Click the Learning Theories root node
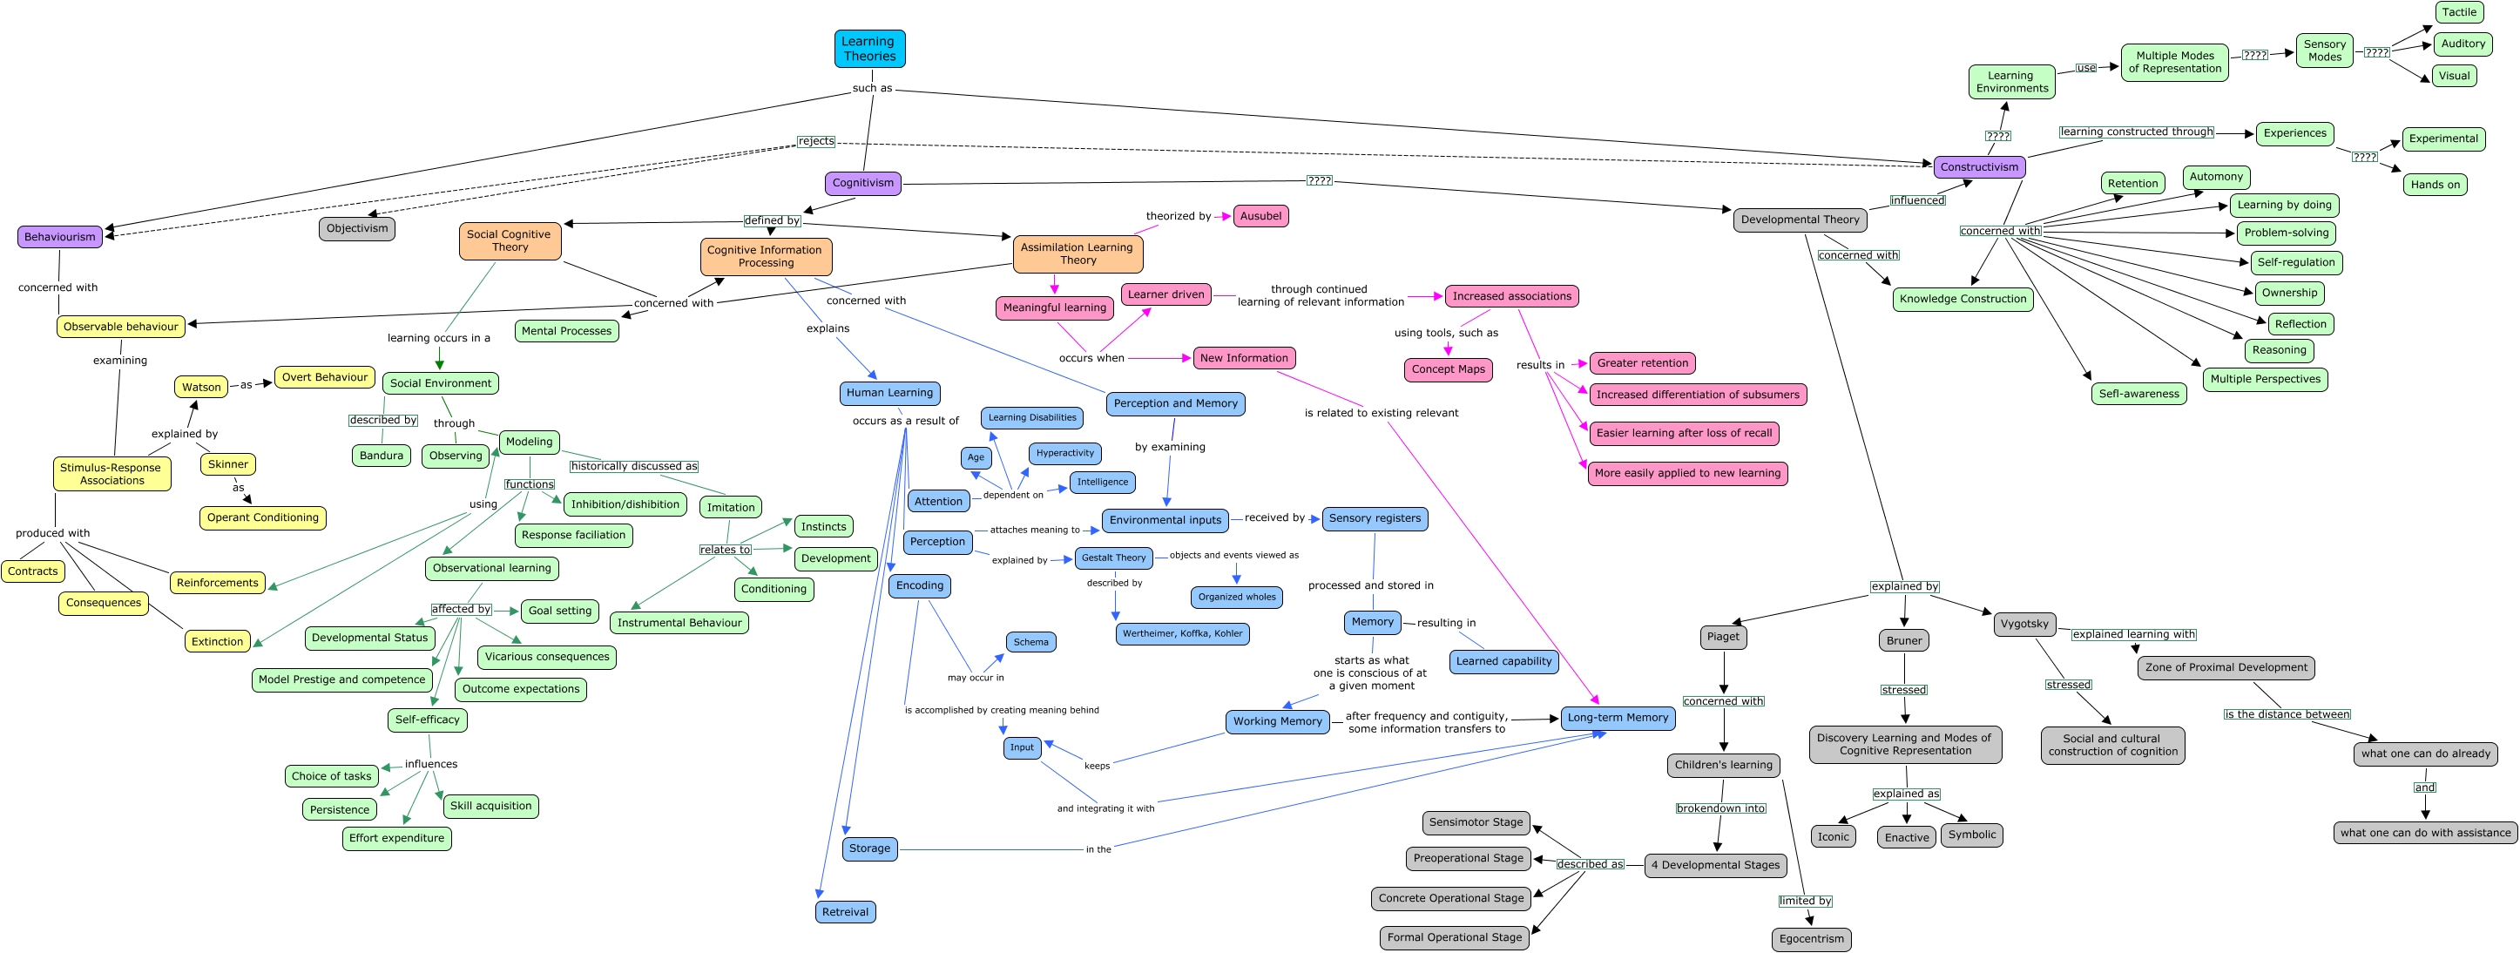868,49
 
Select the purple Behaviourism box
60,237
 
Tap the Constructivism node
1979,167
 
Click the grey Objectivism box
357,229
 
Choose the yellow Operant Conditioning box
262,517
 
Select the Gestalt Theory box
1113,558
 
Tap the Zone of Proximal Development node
2226,667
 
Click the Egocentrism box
1811,939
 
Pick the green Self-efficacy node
427,720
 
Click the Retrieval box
845,912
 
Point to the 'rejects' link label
816,141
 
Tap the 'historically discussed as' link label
634,467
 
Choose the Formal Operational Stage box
1454,937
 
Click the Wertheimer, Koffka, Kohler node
1182,634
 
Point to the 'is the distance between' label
2287,714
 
